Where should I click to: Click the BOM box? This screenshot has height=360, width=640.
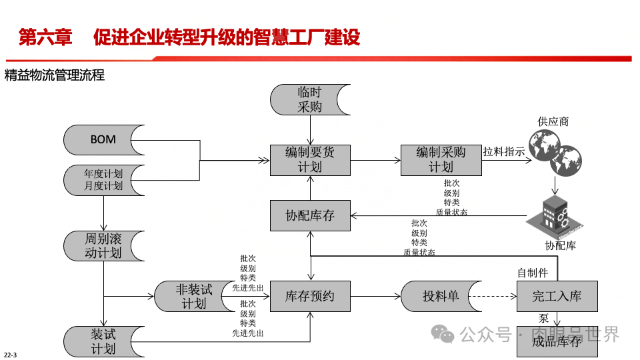[x=103, y=140]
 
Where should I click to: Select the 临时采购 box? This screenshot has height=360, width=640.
[x=310, y=99]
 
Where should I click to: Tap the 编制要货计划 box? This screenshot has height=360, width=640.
[x=310, y=160]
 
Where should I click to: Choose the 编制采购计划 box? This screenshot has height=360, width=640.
[x=441, y=160]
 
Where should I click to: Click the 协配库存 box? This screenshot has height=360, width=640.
[x=310, y=215]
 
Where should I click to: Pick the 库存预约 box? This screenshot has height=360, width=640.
[x=310, y=296]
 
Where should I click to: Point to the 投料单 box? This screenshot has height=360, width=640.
[x=441, y=296]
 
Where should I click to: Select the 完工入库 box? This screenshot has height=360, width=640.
[x=557, y=296]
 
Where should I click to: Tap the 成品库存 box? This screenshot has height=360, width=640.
[x=557, y=341]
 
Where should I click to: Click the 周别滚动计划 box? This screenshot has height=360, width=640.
[x=103, y=246]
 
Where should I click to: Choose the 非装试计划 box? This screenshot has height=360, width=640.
[x=194, y=296]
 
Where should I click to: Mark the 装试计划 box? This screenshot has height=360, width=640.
[x=103, y=341]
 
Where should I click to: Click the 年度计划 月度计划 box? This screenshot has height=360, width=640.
[x=103, y=180]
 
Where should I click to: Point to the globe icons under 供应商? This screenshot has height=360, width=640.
[x=554, y=153]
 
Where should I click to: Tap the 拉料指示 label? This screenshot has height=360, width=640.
[x=503, y=152]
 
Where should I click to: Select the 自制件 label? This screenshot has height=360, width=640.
[x=533, y=273]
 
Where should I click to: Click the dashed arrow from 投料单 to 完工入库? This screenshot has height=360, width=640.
[x=493, y=296]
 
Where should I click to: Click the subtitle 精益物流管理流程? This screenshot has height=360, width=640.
[x=55, y=75]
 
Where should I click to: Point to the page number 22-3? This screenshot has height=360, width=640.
[x=10, y=353]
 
